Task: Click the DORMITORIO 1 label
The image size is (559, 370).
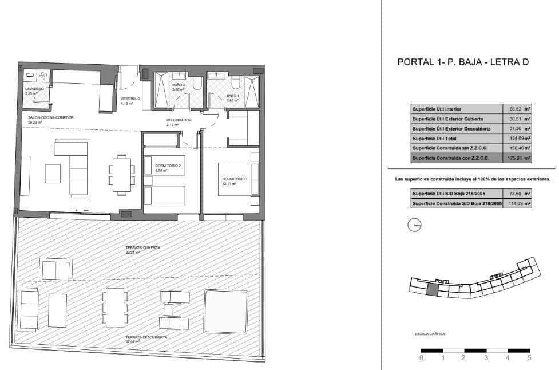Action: (x=235, y=179)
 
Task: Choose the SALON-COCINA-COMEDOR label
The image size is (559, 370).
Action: (x=51, y=117)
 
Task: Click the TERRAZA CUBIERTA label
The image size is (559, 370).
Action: (x=143, y=247)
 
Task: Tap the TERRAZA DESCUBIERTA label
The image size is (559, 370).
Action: (x=146, y=337)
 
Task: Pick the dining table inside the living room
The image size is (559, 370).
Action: (x=121, y=174)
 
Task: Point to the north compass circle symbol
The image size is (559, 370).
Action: (x=413, y=226)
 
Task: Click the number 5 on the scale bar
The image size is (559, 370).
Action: (x=529, y=358)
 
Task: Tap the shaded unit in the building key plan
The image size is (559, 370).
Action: (x=433, y=290)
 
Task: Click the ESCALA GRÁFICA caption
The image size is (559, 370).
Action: (x=430, y=333)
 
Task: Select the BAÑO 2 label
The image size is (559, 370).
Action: (x=179, y=86)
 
